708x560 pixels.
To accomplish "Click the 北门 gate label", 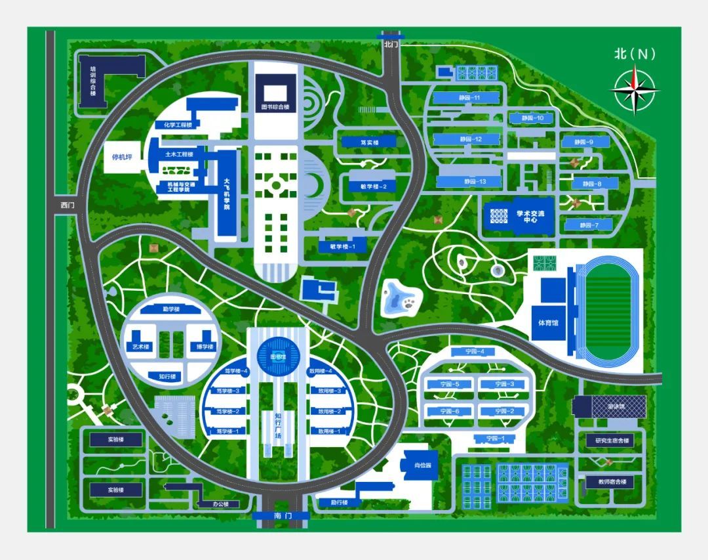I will point(391,44).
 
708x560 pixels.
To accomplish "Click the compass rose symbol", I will point(635,89).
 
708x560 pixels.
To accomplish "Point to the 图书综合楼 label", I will point(275,106).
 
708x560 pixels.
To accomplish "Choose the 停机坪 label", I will point(123,158).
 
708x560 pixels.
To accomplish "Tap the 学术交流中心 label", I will point(526,217).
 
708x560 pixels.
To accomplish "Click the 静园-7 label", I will point(587,225).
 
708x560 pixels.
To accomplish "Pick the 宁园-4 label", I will point(475,352).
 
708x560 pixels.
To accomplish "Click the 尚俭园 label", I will point(423,465).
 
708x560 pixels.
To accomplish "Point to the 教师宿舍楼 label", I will point(612,482).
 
